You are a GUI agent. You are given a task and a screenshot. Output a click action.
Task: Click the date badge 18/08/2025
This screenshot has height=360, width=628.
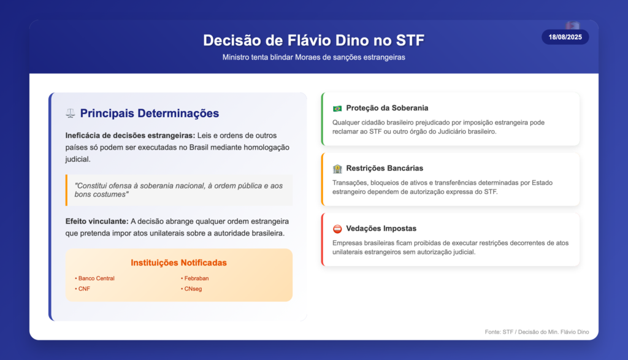pos(565,37)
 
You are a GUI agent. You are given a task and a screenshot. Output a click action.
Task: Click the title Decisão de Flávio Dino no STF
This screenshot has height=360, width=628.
pos(313,40)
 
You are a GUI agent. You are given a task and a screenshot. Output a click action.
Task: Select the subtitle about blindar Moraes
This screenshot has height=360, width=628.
pos(313,57)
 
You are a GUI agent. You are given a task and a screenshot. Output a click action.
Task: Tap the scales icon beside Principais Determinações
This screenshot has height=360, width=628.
pos(71,113)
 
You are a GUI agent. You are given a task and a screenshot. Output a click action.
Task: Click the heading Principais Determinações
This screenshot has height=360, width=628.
pos(150,113)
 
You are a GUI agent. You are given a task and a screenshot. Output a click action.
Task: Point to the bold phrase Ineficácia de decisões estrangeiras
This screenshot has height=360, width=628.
pos(130,136)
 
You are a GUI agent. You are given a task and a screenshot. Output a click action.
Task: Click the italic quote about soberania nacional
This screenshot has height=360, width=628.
pos(178,190)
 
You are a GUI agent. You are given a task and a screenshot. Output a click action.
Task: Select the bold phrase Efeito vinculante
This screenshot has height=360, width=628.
pos(97,221)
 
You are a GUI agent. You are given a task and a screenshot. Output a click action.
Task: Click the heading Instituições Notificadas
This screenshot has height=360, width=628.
pos(178,262)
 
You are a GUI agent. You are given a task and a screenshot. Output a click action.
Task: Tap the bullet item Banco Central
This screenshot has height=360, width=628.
pos(94,278)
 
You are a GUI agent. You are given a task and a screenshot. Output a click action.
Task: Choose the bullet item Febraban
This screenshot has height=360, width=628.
pos(194,278)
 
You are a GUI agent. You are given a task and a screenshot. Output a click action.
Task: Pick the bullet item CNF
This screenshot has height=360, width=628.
pos(83,289)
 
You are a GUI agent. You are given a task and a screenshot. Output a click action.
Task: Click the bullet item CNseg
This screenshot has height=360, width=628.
pos(191,289)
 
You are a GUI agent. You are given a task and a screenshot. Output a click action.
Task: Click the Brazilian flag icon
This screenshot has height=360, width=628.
pos(337,109)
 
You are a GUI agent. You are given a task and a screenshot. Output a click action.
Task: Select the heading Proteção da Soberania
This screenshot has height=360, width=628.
pos(387,108)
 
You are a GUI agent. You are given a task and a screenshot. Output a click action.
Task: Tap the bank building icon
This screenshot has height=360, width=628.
pos(337,169)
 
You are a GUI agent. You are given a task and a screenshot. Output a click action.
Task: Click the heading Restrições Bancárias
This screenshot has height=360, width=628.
pos(385,168)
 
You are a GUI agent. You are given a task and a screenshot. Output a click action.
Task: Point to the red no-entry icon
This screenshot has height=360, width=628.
pos(337,229)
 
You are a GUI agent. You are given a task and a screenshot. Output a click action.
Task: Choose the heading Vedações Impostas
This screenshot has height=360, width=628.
pos(381,228)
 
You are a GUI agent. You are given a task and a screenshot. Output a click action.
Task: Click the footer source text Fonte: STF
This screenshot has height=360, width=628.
pos(537,332)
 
